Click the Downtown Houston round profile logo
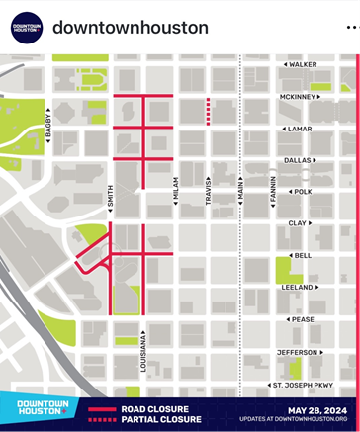click(x=27, y=27)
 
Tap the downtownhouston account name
click(x=130, y=27)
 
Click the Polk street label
click(x=301, y=192)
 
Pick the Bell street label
click(x=301, y=255)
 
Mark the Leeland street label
click(x=299, y=288)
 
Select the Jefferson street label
click(x=297, y=352)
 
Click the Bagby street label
click(x=46, y=128)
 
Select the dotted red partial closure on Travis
click(x=208, y=112)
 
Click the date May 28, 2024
click(x=317, y=409)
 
